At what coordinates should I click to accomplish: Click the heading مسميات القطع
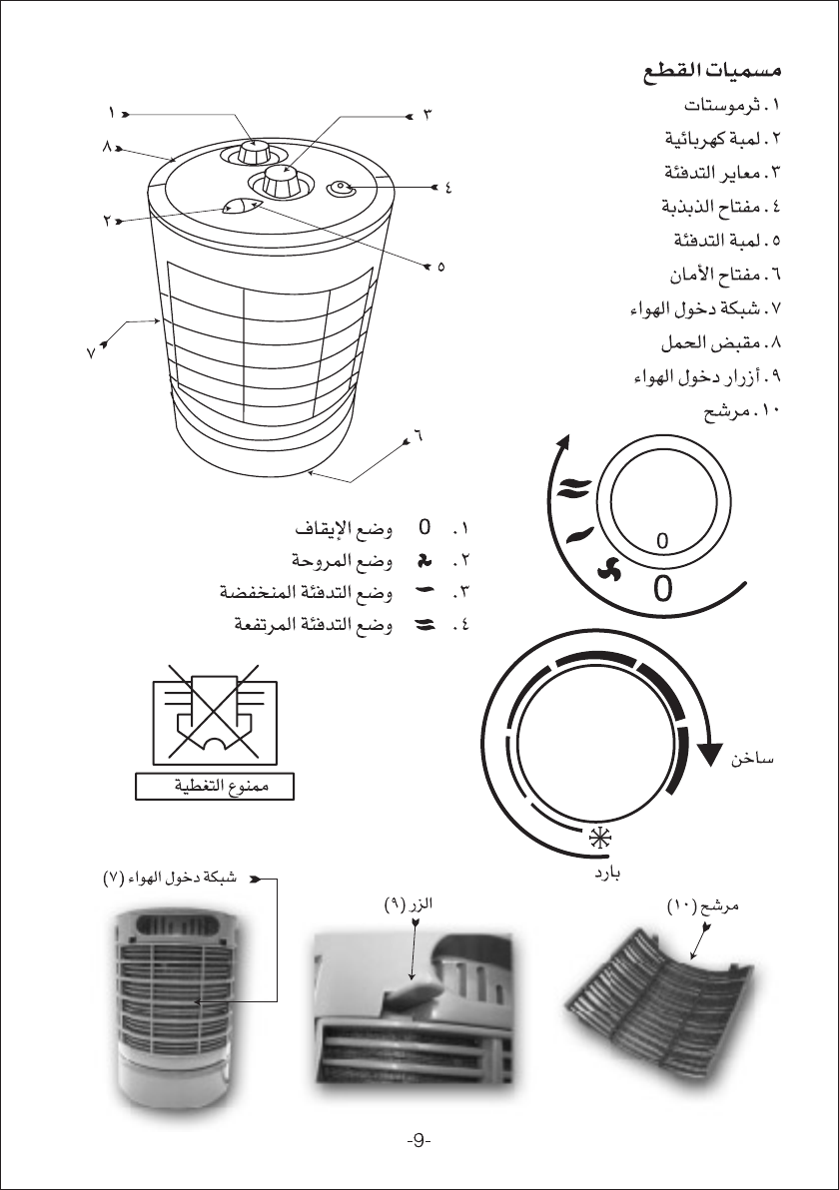click(x=710, y=73)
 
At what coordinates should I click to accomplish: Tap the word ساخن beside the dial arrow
click(x=754, y=760)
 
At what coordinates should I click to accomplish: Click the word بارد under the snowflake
click(x=602, y=873)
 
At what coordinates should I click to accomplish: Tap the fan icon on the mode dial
click(x=602, y=568)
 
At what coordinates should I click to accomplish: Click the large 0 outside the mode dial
click(x=663, y=589)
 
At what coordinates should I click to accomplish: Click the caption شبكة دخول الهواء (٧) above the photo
click(x=169, y=880)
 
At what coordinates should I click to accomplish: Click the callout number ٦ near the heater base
click(x=419, y=436)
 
